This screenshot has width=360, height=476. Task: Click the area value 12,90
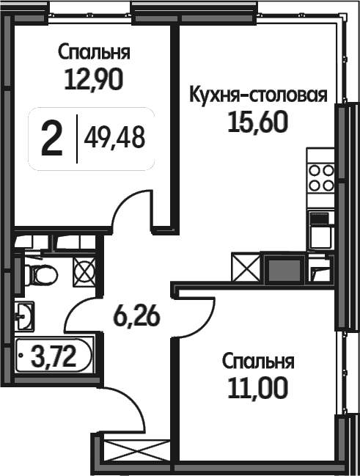(94, 79)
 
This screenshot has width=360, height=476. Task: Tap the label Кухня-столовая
(258, 96)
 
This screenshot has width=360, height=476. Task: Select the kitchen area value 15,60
(257, 122)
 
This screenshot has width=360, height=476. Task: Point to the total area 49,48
(114, 137)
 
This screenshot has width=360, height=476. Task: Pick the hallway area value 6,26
(136, 316)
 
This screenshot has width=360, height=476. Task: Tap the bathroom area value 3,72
(54, 356)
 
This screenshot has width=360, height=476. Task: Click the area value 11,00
(257, 388)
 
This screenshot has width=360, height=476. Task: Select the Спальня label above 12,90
(94, 52)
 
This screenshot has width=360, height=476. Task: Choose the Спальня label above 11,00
(258, 362)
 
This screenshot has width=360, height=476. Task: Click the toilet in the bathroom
(40, 275)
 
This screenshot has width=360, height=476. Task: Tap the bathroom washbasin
(24, 315)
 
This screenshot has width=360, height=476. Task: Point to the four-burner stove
(321, 178)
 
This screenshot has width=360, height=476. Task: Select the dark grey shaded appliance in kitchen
(284, 268)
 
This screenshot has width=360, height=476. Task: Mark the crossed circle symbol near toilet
(84, 271)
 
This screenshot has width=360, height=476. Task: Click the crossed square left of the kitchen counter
(246, 268)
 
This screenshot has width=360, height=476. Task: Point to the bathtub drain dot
(21, 354)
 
